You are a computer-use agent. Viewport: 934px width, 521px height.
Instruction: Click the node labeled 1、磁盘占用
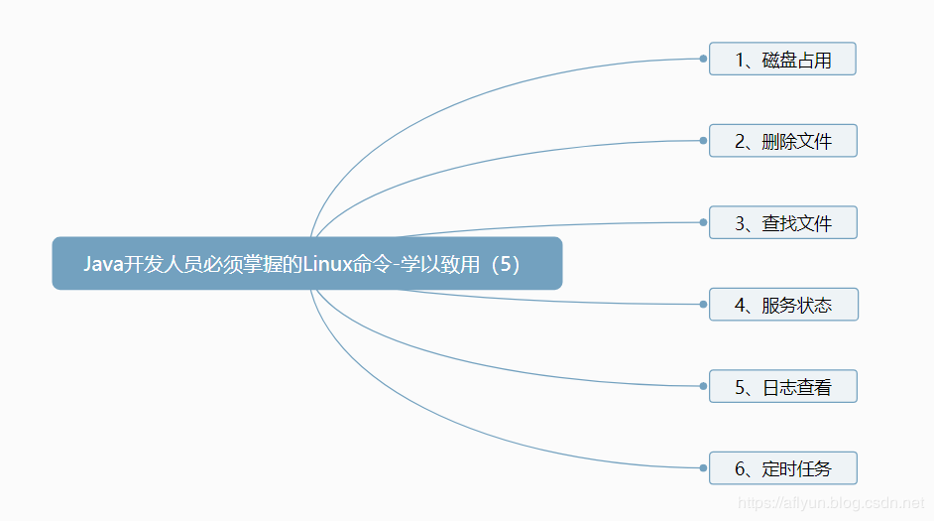tap(782, 60)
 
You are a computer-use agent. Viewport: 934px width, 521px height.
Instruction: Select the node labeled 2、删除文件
tap(782, 141)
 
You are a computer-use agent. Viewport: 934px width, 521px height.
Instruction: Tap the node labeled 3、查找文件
tap(782, 223)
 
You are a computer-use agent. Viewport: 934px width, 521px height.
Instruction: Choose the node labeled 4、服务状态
tap(783, 305)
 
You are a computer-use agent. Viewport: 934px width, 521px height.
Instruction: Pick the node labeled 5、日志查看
tap(782, 386)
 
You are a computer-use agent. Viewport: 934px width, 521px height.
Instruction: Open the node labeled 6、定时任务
tap(782, 468)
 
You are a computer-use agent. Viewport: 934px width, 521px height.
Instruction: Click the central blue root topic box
tap(307, 263)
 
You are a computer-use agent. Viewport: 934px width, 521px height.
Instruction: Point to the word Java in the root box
tap(101, 264)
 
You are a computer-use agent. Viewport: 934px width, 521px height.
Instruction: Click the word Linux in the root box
tap(327, 264)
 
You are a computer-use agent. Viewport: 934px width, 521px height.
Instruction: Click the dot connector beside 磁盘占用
tap(703, 59)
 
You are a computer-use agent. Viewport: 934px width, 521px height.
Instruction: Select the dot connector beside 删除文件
tap(703, 141)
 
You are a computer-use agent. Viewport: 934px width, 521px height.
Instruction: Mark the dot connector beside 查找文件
tap(703, 222)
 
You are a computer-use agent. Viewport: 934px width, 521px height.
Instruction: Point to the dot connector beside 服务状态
tap(703, 305)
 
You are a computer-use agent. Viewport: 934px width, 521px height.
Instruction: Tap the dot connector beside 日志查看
tap(703, 386)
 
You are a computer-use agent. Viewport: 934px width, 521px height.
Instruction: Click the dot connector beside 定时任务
tap(703, 467)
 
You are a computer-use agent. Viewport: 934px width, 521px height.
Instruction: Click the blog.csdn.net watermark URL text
tap(833, 504)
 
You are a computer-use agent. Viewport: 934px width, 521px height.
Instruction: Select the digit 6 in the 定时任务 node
tap(740, 468)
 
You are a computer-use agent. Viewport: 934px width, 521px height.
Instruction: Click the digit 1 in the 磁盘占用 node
tap(740, 60)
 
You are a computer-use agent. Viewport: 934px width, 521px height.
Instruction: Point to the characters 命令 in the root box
tap(374, 264)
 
